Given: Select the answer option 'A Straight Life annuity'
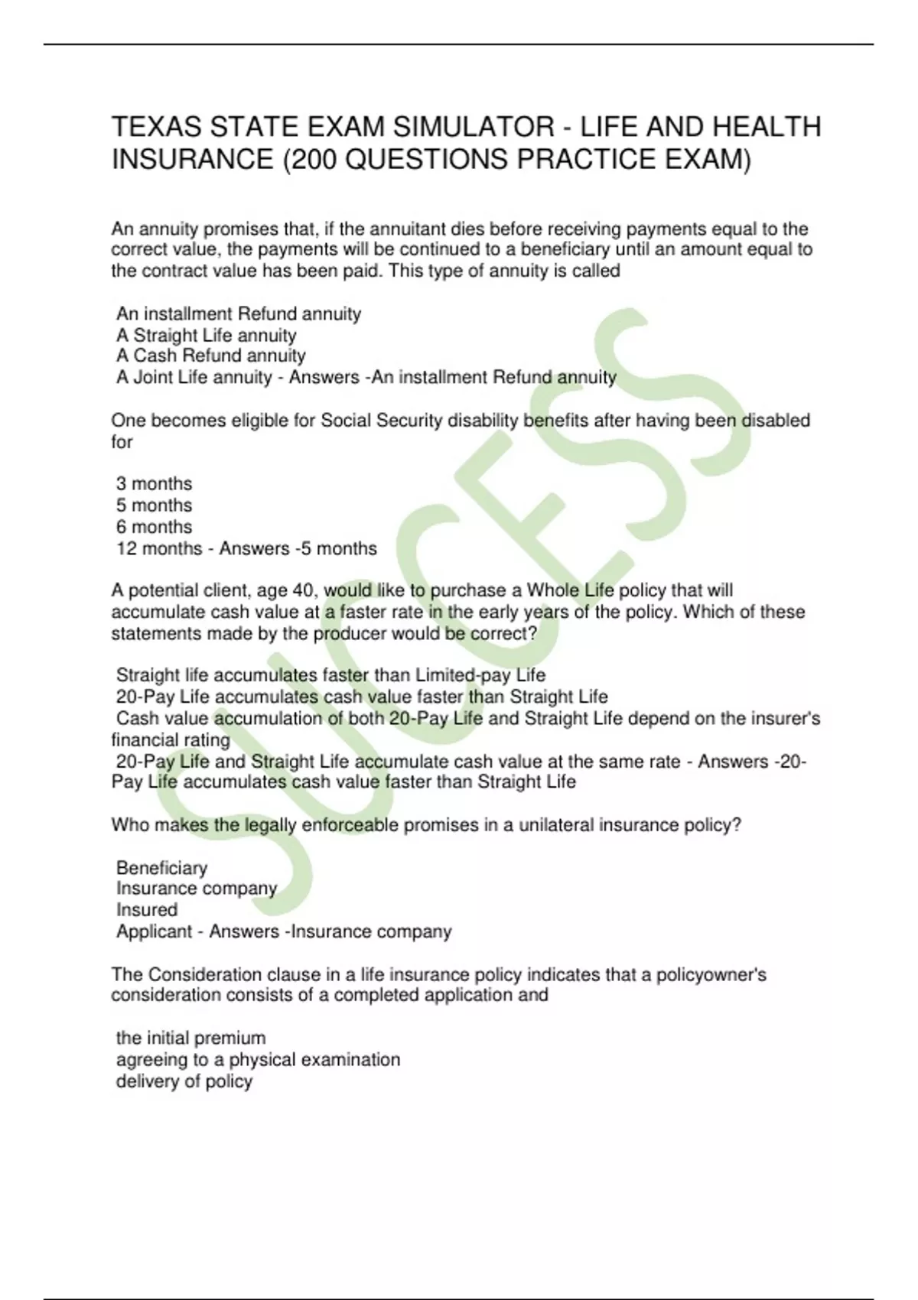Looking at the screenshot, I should tap(206, 335).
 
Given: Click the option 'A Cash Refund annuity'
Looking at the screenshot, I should tap(210, 356).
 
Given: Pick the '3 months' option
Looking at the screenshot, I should tap(154, 484).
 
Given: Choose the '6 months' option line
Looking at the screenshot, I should tap(154, 527).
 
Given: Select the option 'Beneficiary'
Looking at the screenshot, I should tap(161, 868).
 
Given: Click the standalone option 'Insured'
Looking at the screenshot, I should tap(147, 910).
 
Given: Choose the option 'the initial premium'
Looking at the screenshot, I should tap(190, 1038).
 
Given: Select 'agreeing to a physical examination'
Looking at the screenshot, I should tap(258, 1060).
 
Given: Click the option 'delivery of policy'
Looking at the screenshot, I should tap(184, 1081).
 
